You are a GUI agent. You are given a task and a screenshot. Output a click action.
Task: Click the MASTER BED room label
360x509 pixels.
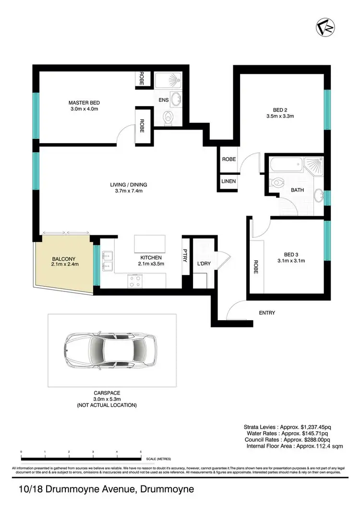[x=84, y=103]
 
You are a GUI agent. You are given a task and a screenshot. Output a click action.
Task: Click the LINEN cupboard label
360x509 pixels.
[x=228, y=182]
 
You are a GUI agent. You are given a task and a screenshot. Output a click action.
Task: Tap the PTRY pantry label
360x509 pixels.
[x=185, y=254]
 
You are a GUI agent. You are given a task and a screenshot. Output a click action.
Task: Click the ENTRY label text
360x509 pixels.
[x=267, y=313]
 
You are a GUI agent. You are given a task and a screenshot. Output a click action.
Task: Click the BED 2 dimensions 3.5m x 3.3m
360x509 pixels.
[x=280, y=116]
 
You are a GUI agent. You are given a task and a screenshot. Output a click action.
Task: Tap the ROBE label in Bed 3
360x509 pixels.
[x=255, y=267]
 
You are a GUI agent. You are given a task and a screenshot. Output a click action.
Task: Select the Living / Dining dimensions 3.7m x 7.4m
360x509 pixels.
[x=128, y=191]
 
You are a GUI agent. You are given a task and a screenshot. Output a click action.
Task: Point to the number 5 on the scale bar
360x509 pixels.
[x=141, y=452]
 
